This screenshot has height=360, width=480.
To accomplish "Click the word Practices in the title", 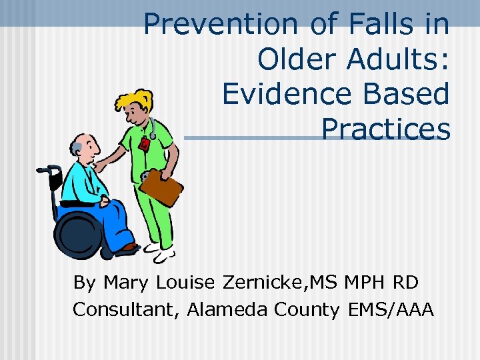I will click(385, 129).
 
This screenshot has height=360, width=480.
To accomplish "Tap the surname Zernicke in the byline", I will click(259, 283).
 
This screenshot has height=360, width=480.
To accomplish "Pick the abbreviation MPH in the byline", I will click(368, 283).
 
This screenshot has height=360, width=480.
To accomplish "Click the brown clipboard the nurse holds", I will click(161, 187).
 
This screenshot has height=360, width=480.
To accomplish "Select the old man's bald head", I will click(79, 141).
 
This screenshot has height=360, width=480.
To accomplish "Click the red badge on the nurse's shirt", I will click(144, 144).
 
